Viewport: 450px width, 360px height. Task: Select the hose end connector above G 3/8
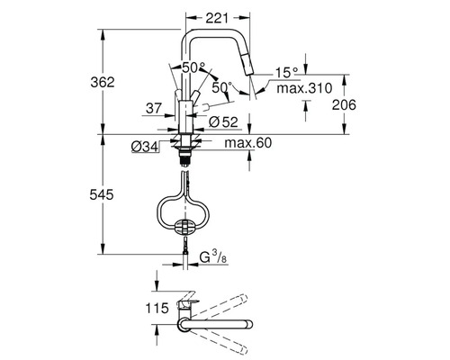coord(186,255)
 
